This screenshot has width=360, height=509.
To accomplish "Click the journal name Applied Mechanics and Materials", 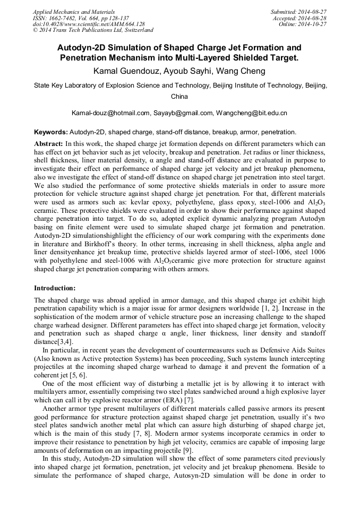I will pyautogui.click(x=68, y=11).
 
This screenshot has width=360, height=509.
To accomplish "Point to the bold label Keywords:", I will pyautogui.click(x=50, y=132).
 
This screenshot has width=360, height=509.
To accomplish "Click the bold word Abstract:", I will pyautogui.click(x=48, y=144).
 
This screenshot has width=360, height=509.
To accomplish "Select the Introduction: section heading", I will pyautogui.click(x=55, y=288).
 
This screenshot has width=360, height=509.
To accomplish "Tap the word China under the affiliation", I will pyautogui.click(x=179, y=97).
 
